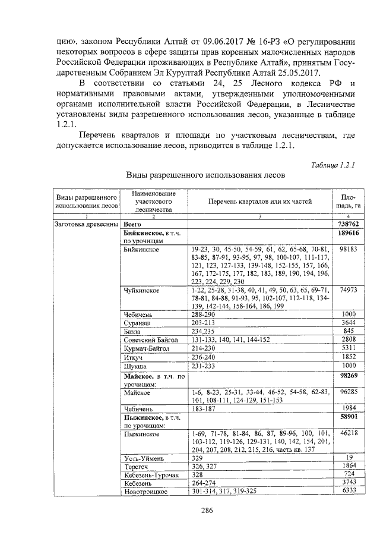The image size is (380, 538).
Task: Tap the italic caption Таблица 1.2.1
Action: [x=332, y=164]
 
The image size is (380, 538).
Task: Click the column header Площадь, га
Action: [x=344, y=202]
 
